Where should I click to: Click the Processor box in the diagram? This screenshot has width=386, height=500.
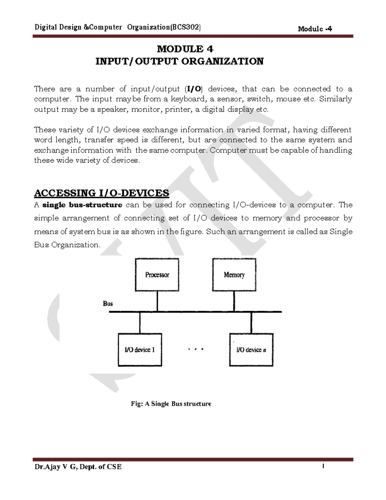coord(157,275)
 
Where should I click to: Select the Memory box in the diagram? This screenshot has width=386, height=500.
coord(234,275)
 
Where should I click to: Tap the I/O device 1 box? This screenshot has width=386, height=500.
coord(140,350)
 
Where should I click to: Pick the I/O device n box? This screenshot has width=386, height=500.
coord(251,350)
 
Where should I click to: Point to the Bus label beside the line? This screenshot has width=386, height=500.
coord(108,304)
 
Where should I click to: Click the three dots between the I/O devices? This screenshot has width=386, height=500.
coord(196,349)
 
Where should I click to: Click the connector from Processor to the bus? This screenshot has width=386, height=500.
coord(157,301)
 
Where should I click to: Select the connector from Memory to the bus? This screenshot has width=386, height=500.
coord(234,301)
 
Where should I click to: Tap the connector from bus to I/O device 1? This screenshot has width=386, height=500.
coord(140,323)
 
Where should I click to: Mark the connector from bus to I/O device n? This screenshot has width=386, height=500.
coord(251,323)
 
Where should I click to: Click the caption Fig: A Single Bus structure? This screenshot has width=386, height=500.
coord(171,404)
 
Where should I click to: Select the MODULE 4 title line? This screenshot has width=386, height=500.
coord(185,49)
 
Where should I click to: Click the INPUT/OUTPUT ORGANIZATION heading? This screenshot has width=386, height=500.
coord(179,61)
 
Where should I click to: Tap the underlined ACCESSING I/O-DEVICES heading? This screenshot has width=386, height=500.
coord(101,193)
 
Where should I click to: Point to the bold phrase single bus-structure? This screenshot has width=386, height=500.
coord(82,205)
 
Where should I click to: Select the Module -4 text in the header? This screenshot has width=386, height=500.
coord(315,29)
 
